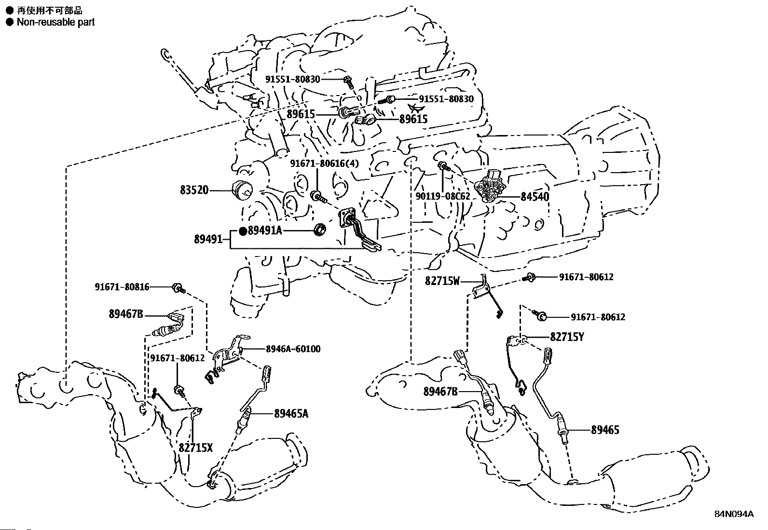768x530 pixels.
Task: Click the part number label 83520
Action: pyautogui.click(x=195, y=190)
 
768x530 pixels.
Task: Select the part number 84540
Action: pyautogui.click(x=535, y=197)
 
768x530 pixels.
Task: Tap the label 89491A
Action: pyautogui.click(x=264, y=231)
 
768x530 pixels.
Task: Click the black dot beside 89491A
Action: pyautogui.click(x=243, y=231)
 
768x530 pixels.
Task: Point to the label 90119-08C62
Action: pyautogui.click(x=442, y=196)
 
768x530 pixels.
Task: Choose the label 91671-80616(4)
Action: pyautogui.click(x=324, y=163)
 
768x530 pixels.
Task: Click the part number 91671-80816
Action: pyautogui.click(x=122, y=287)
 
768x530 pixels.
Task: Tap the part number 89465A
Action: pyautogui.click(x=291, y=413)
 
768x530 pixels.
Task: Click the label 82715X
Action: pyautogui.click(x=195, y=448)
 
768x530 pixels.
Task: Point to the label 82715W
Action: pyautogui.click(x=442, y=281)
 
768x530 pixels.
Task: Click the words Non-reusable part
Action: pyautogui.click(x=55, y=22)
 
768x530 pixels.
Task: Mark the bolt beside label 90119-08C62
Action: pyautogui.click(x=444, y=167)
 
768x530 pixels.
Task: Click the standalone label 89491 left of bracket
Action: pyautogui.click(x=208, y=239)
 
